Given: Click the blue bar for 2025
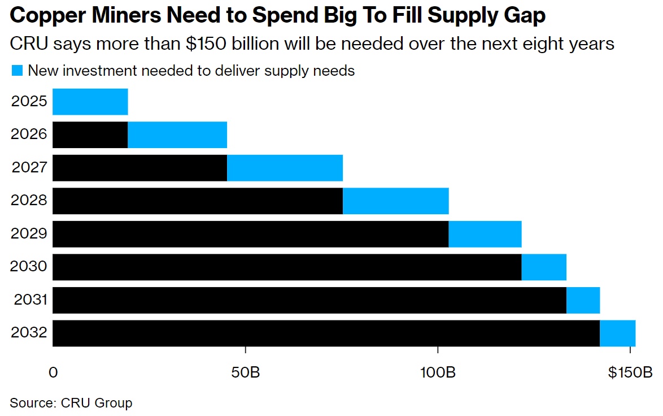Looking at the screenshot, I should (x=90, y=102).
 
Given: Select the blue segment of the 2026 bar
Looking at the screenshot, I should (x=177, y=135).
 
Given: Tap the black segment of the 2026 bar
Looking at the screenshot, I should (x=90, y=135).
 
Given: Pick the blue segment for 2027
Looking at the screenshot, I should (x=285, y=168).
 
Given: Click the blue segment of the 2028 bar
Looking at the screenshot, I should (x=395, y=201).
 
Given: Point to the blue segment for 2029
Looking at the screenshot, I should (x=485, y=234).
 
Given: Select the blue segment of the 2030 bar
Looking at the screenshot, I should (x=543, y=267).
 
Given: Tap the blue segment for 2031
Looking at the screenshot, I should (x=583, y=300).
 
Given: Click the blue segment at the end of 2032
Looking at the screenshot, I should (x=617, y=333).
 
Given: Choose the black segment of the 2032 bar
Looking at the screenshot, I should (x=326, y=333).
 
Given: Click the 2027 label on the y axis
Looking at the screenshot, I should (x=28, y=168).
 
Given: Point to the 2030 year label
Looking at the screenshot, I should (x=28, y=267).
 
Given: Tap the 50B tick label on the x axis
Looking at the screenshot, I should (x=245, y=373).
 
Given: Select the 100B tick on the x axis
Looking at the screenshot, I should (x=438, y=373).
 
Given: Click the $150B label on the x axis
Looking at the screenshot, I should (x=630, y=373).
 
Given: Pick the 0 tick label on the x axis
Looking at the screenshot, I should (x=53, y=373).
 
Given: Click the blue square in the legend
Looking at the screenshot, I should (x=17, y=71).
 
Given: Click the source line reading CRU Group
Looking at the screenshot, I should (x=71, y=403).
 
